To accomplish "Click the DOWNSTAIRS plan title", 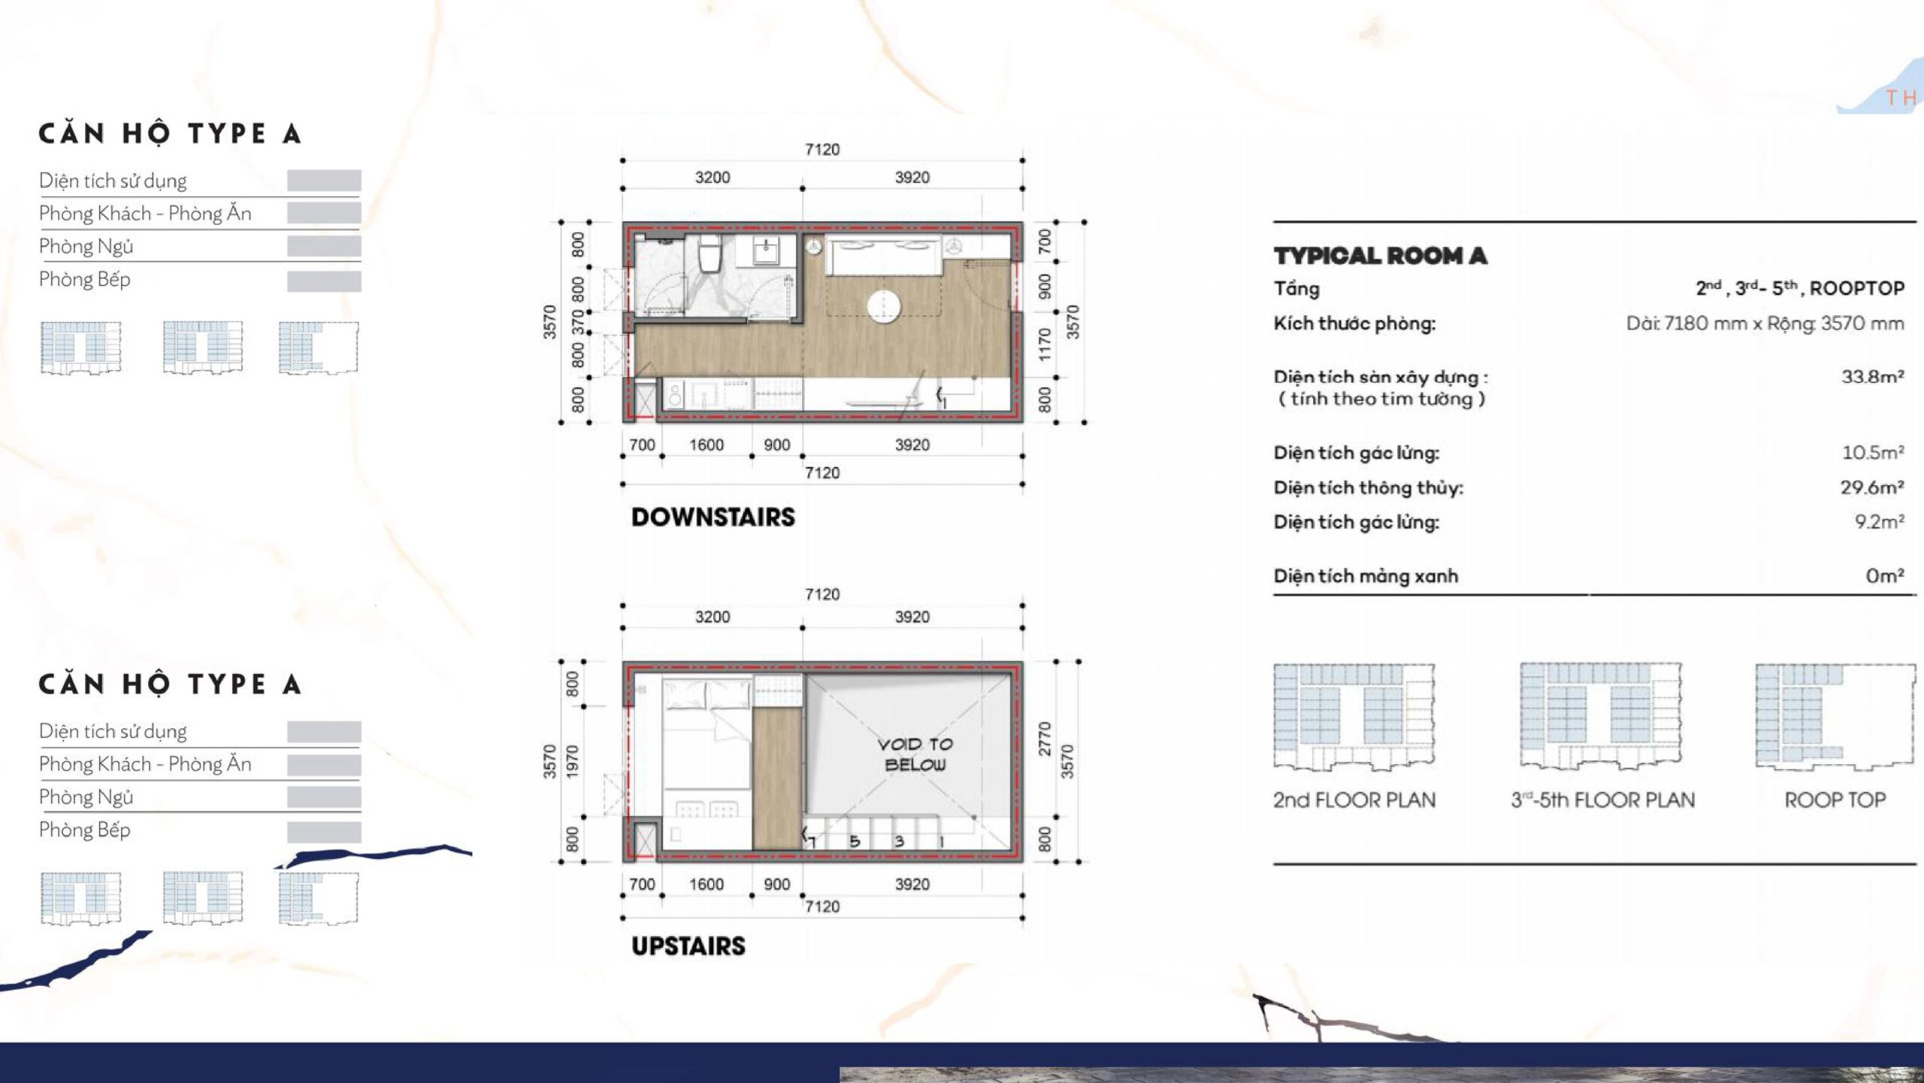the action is pyautogui.click(x=712, y=517).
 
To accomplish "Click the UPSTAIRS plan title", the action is pyautogui.click(x=688, y=946).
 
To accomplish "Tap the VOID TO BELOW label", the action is pyautogui.click(x=915, y=754).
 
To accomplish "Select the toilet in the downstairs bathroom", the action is pyautogui.click(x=709, y=253).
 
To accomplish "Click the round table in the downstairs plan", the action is pyautogui.click(x=883, y=305).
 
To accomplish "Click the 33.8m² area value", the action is pyautogui.click(x=1872, y=377).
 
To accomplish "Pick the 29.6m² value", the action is pyautogui.click(x=1872, y=487).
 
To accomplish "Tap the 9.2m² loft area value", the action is pyautogui.click(x=1879, y=522).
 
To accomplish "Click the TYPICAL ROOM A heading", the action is pyautogui.click(x=1381, y=256).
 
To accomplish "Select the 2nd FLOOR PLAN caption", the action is pyautogui.click(x=1354, y=799).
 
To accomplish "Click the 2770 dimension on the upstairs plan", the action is pyautogui.click(x=1044, y=739).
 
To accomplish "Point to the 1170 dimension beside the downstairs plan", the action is pyautogui.click(x=1044, y=344).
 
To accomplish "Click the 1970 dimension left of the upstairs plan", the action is pyautogui.click(x=573, y=761).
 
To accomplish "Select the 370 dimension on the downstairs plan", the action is pyautogui.click(x=578, y=322).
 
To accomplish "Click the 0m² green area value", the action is pyautogui.click(x=1885, y=576).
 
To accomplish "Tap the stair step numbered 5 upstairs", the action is pyautogui.click(x=855, y=842).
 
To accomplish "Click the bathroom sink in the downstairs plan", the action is pyautogui.click(x=766, y=250).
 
